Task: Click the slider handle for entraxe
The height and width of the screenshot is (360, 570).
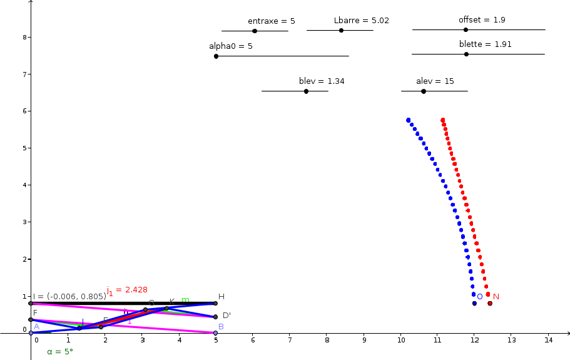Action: [254, 31]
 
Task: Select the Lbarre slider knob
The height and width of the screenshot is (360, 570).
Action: [341, 30]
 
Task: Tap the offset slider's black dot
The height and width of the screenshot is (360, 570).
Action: [466, 29]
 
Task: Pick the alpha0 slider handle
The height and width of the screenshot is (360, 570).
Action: [216, 56]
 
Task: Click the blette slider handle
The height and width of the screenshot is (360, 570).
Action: [466, 54]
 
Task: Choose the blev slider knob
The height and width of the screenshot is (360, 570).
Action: [306, 91]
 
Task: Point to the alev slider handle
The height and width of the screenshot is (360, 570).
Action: [424, 91]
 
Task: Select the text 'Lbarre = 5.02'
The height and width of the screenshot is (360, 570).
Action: [361, 21]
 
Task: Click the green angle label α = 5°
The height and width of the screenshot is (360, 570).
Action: [60, 351]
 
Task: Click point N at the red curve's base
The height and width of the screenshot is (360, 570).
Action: [490, 303]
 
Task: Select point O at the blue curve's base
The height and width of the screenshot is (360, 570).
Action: [474, 303]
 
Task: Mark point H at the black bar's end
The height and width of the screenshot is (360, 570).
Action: [216, 303]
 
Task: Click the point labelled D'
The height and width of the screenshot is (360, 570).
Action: [216, 317]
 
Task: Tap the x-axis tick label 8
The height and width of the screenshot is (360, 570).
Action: [327, 340]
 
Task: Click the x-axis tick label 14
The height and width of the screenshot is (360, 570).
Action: [549, 340]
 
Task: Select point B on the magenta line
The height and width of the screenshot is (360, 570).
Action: [216, 332]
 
